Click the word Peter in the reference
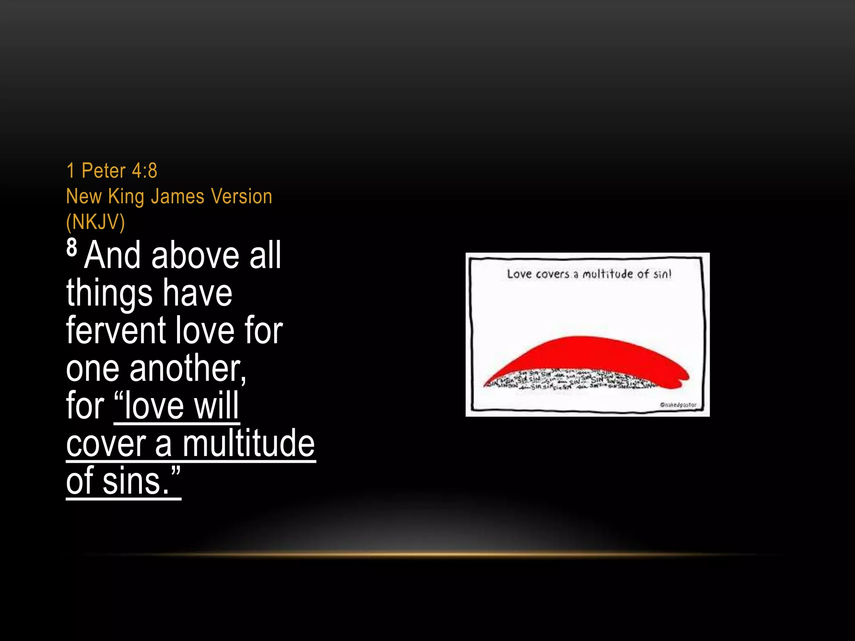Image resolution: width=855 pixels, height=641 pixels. click(104, 171)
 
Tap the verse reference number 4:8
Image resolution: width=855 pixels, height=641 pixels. click(144, 171)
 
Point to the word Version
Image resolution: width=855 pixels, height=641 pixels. click(241, 197)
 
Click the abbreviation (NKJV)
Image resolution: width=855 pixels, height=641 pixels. click(96, 222)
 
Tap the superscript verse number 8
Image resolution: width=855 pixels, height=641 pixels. click(72, 247)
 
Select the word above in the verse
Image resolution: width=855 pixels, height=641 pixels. click(195, 255)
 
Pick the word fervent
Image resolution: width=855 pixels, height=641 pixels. click(116, 331)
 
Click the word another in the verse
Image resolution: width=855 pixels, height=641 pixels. click(187, 368)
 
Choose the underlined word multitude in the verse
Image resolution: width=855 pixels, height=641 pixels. click(248, 444)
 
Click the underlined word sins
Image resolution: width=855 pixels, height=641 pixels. click(136, 481)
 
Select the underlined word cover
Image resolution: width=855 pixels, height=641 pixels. click(106, 444)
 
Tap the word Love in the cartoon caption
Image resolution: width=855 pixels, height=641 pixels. click(519, 274)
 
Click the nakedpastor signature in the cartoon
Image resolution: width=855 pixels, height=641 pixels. click(678, 405)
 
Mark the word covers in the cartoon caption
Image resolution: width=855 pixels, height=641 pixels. click(553, 274)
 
